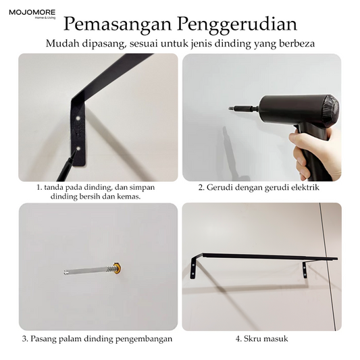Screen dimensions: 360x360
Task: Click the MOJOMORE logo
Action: (32, 14)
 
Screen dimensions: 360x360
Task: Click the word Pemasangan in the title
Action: (118, 24)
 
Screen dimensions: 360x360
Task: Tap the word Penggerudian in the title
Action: (237, 25)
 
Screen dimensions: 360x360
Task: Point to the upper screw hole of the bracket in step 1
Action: (78, 118)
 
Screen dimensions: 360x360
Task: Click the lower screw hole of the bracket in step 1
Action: (78, 149)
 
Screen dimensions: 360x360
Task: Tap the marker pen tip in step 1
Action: (76, 152)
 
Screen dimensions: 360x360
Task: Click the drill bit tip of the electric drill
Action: (230, 107)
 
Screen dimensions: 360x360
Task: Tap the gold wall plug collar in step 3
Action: (118, 268)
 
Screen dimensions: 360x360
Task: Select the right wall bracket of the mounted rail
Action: (305, 269)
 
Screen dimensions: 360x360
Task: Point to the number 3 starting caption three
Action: (24, 339)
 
